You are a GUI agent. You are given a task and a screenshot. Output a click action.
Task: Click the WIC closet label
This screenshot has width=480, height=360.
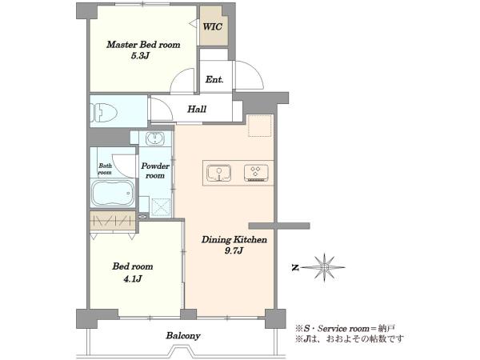point(213,26)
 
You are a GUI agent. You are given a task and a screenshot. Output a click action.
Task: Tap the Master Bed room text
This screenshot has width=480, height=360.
point(143,45)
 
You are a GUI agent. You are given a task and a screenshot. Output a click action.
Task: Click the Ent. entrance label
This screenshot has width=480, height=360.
point(214,79)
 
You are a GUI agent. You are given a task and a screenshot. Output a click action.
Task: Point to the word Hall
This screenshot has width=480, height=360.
point(197,109)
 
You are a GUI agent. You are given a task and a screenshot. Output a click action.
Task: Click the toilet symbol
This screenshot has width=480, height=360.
point(103,112)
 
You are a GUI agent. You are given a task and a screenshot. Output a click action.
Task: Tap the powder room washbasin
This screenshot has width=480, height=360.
point(155,138)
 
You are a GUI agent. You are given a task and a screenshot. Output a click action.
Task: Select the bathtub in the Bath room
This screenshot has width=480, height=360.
point(113,194)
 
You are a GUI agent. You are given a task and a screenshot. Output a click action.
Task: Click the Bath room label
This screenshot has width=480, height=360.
point(105,169)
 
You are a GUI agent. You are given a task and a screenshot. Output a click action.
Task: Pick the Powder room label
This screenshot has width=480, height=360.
point(155,171)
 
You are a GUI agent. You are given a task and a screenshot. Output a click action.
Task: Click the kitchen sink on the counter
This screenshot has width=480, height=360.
point(219,173)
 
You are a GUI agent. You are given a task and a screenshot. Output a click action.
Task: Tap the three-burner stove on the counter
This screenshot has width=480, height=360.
point(256,173)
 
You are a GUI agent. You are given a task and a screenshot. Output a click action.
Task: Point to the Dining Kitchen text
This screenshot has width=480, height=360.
point(234,240)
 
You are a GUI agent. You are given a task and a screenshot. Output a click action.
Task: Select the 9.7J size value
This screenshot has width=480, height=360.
point(234,251)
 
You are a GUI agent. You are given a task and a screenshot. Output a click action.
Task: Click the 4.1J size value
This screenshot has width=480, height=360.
point(133,278)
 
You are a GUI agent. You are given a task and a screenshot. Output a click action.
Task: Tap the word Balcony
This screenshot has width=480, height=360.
point(183,336)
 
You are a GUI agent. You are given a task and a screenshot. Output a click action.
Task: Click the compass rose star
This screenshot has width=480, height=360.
point(325,267)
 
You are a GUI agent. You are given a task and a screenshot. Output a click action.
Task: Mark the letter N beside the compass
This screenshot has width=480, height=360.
point(295,268)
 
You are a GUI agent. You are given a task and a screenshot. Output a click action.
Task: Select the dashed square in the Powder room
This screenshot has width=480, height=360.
point(161,208)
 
